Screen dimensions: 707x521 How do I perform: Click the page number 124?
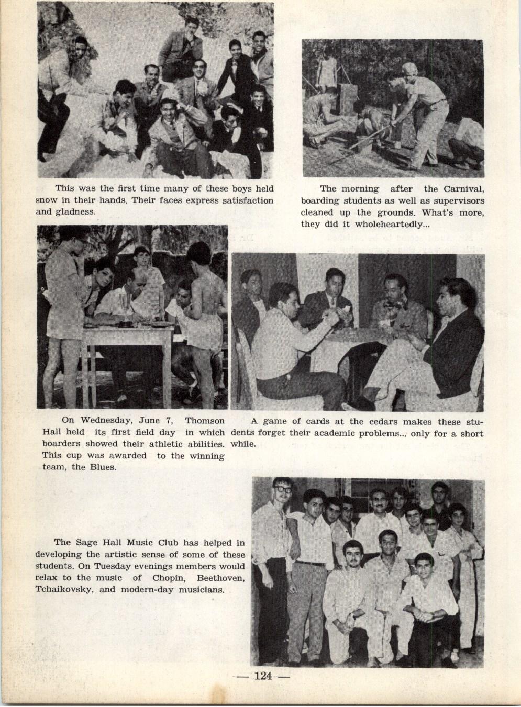point(263,676)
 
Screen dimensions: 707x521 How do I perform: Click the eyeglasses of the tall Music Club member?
point(283,489)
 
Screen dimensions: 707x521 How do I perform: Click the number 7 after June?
point(170,420)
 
